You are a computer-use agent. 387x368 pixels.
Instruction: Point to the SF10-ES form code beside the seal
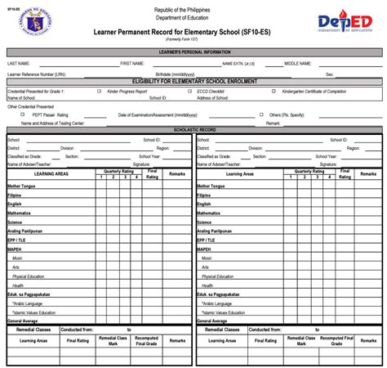pos(14,7)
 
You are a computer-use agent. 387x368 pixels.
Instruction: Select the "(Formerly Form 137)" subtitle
pos(193,38)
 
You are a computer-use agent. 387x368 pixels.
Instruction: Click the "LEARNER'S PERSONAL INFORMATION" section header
pos(193,52)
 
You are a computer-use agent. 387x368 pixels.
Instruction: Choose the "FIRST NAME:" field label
pos(132,62)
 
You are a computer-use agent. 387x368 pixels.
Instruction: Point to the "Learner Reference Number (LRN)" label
pos(38,73)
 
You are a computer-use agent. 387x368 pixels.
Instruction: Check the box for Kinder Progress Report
pos(100,91)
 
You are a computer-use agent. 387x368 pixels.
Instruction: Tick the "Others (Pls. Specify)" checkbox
pos(263,115)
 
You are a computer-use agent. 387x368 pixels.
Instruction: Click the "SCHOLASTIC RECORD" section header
pos(193,130)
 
